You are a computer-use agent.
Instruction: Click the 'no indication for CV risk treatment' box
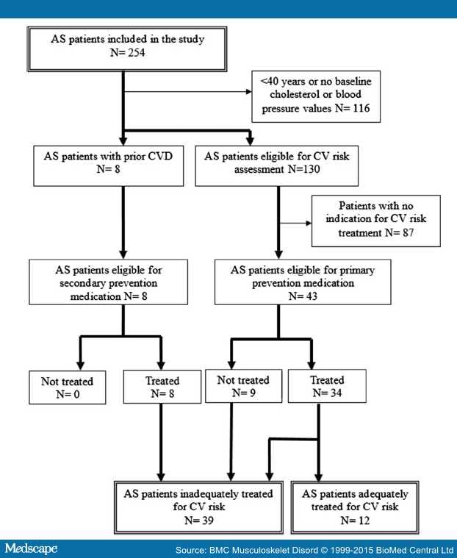coord(375,220)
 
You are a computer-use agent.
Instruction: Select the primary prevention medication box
coord(318,280)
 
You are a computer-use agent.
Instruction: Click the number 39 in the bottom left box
coord(209,520)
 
